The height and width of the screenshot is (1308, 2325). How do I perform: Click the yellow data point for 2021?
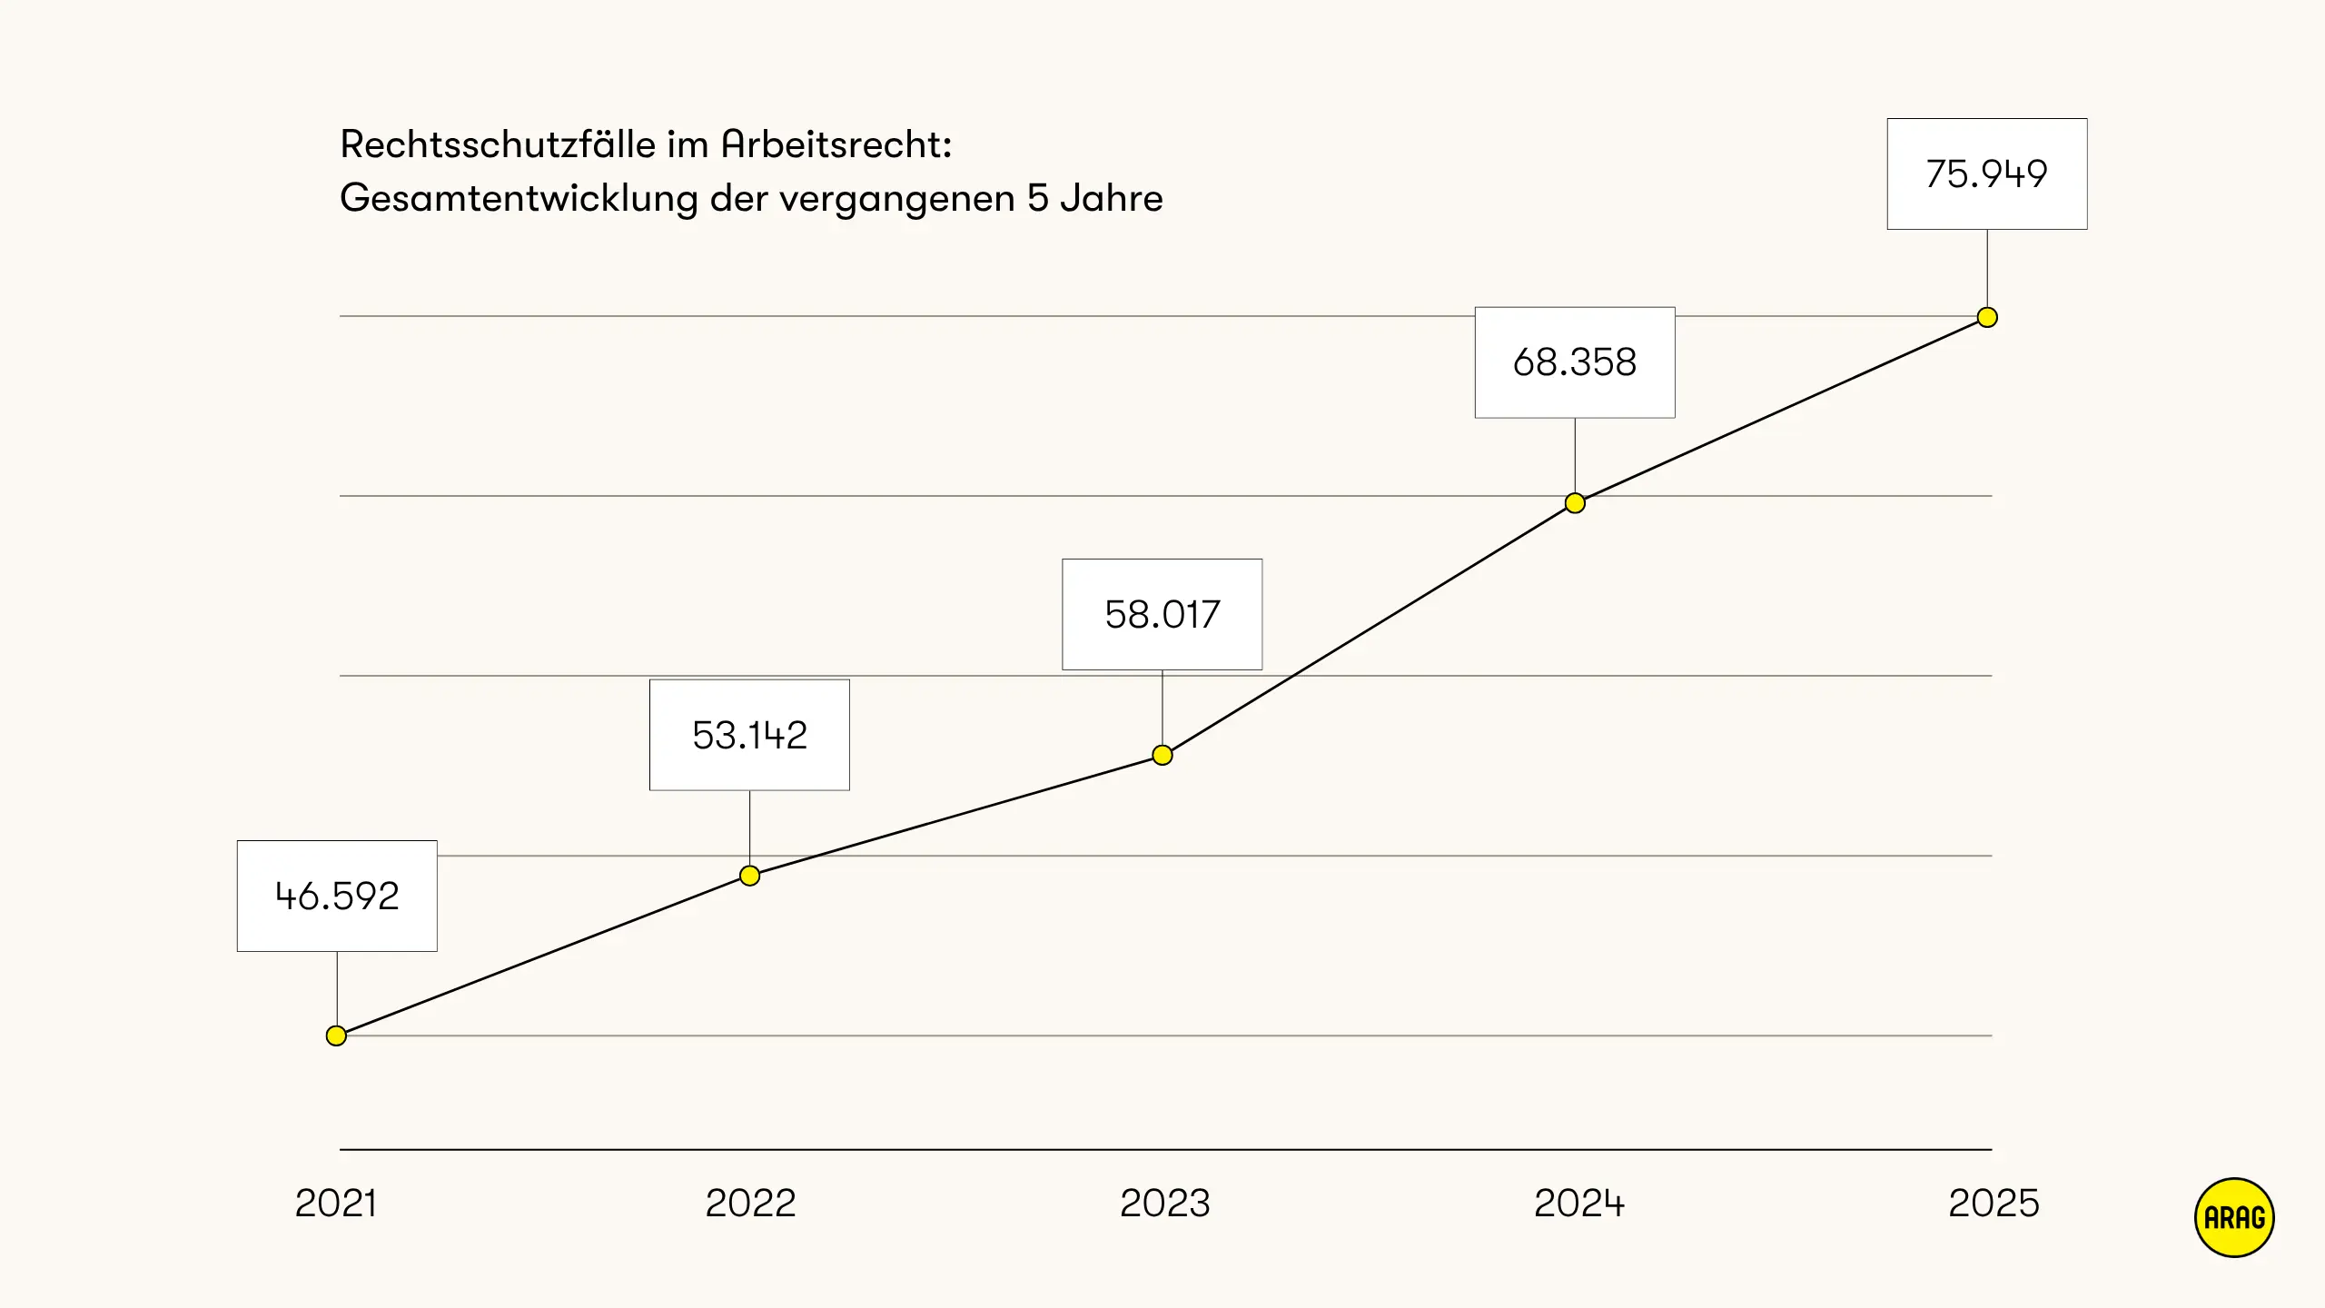pos(336,1035)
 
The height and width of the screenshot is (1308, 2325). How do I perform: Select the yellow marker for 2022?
pos(749,876)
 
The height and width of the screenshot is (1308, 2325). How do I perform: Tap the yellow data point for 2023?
pos(1162,755)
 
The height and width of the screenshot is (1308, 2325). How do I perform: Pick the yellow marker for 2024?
pos(1575,503)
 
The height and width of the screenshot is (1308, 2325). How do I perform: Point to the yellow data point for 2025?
pos(1987,317)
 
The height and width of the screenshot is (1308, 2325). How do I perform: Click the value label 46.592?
pos(337,896)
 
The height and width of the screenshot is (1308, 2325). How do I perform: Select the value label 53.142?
pos(749,735)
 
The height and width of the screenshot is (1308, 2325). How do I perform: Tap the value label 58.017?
pos(1162,614)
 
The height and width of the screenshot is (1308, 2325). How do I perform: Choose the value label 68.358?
pos(1575,362)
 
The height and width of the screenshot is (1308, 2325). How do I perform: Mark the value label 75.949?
pos(1987,173)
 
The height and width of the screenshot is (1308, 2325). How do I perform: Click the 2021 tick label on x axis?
pos(335,1203)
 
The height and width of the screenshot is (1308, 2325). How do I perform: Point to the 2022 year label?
pos(750,1203)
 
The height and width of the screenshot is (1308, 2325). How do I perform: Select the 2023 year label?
pos(1164,1203)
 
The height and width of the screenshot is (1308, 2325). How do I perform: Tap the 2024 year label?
pos(1578,1203)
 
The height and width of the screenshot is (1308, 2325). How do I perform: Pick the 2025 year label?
pos(1994,1203)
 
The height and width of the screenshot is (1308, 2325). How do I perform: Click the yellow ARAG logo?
pos(2234,1217)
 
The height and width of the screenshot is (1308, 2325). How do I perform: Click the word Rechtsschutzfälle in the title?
pos(498,144)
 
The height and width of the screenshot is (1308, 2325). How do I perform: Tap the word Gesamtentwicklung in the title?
pos(519,199)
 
